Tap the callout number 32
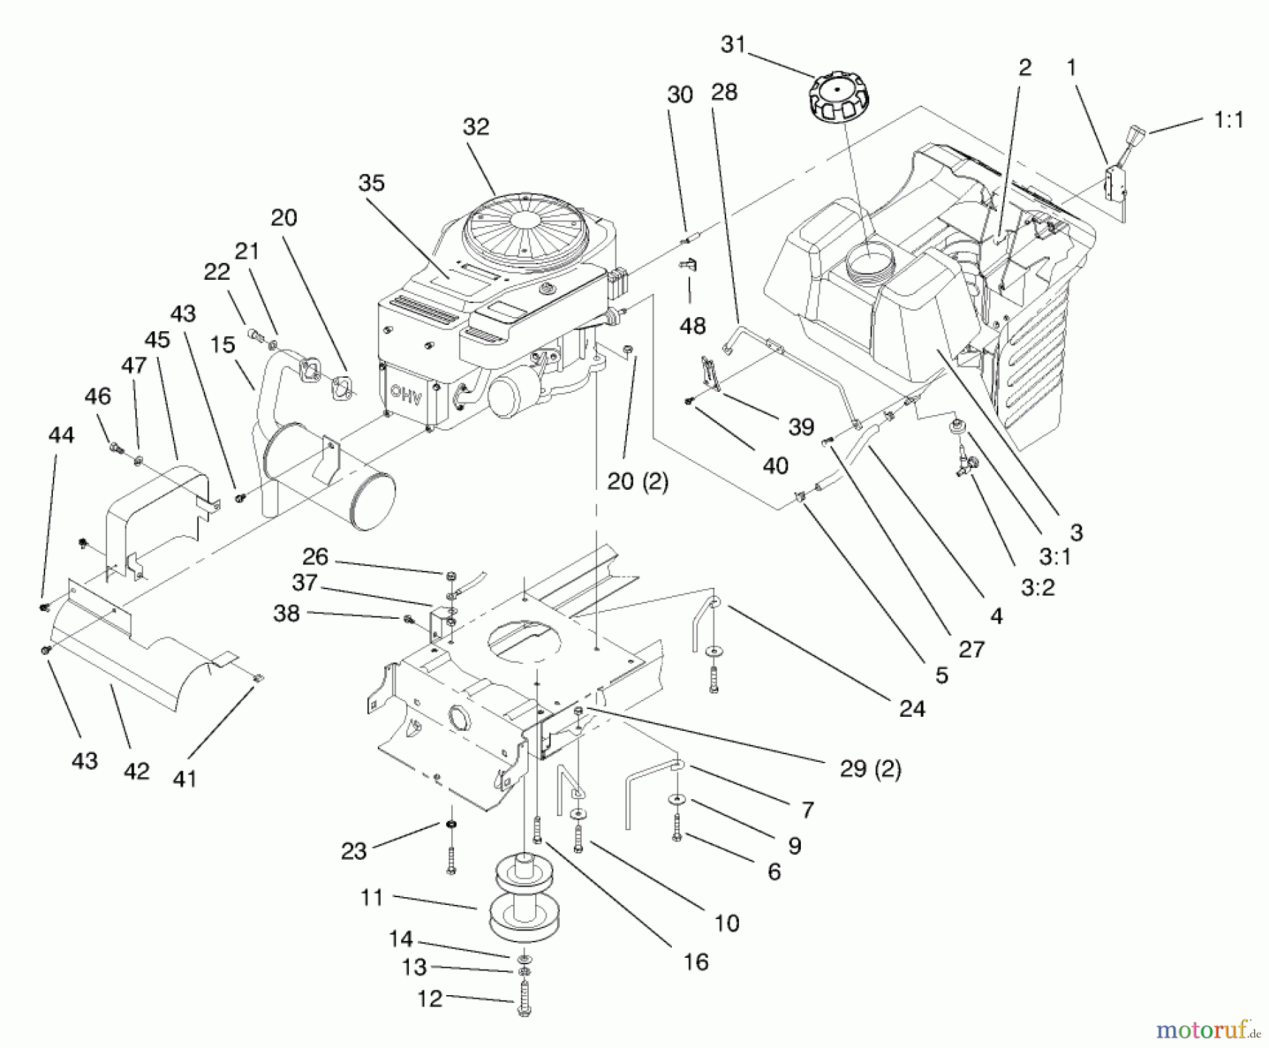tap(476, 127)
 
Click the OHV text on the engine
tap(406, 397)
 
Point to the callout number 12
tap(429, 998)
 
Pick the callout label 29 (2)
tap(870, 768)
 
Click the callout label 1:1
tap(1229, 120)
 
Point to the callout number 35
tap(372, 183)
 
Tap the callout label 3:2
tap(1038, 587)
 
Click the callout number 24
tap(912, 708)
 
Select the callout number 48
tap(692, 326)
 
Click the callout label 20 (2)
tap(637, 481)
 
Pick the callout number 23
tap(354, 851)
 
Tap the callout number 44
tap(61, 435)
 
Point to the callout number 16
tap(696, 961)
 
